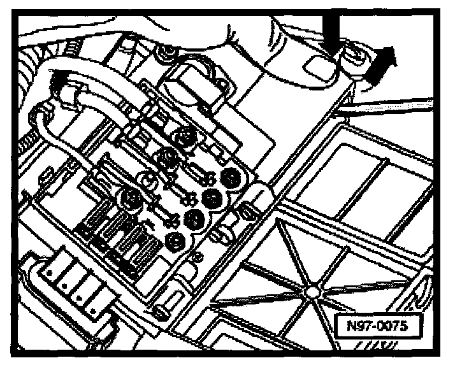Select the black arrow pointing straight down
(331, 35)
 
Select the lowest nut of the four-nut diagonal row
(173, 241)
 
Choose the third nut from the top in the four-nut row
(190, 218)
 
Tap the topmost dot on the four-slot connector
(51, 273)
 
